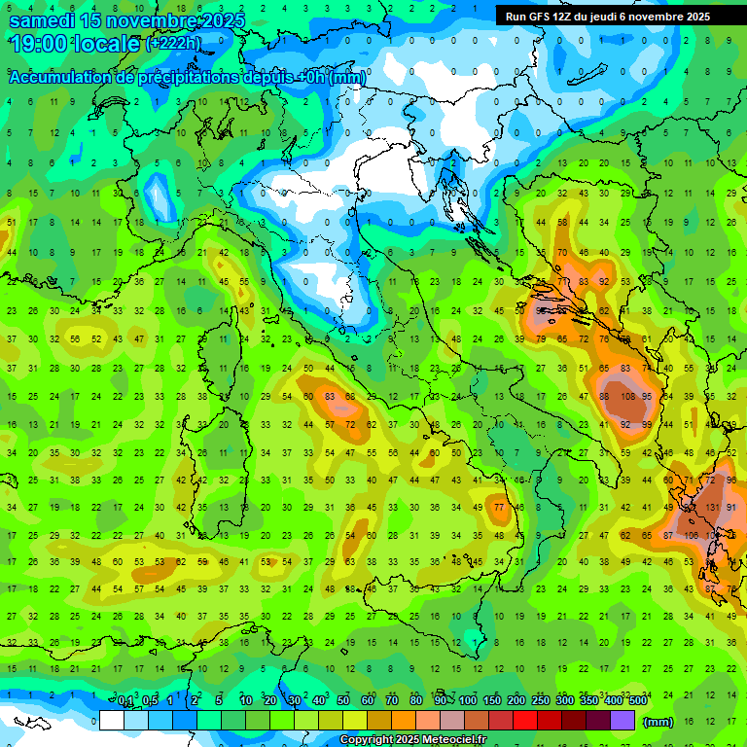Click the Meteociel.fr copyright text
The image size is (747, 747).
tap(412, 740)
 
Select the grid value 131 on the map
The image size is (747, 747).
tap(713, 508)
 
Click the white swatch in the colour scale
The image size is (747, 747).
tap(112, 720)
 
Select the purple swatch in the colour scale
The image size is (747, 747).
tap(622, 720)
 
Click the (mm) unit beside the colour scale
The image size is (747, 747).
tap(658, 721)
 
